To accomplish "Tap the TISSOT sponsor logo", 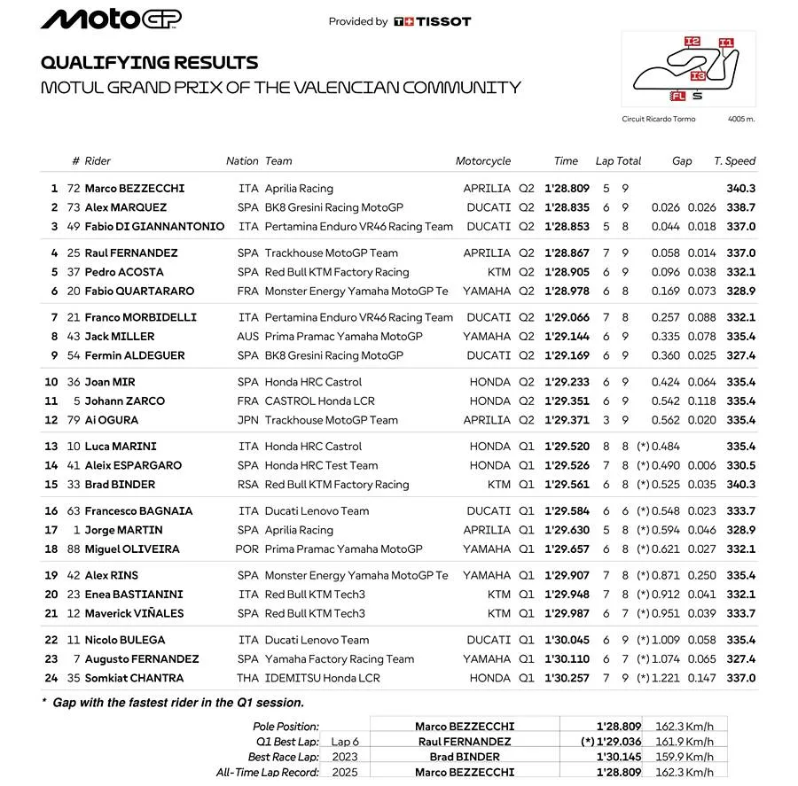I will pyautogui.click(x=433, y=21).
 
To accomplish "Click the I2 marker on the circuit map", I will pyautogui.click(x=692, y=42).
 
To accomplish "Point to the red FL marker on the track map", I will pyautogui.click(x=678, y=95).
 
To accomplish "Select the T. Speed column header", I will pyautogui.click(x=734, y=161).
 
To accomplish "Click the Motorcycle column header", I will pyautogui.click(x=483, y=161).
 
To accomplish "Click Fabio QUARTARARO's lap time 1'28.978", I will pyautogui.click(x=567, y=291).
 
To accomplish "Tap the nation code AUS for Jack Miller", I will pyautogui.click(x=248, y=337).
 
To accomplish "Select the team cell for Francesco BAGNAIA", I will pyautogui.click(x=317, y=511).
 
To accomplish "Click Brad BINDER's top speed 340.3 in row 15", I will pyautogui.click(x=740, y=485).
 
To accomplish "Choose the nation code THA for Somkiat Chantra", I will pyautogui.click(x=248, y=679).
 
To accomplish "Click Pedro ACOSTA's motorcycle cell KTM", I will pyautogui.click(x=498, y=272).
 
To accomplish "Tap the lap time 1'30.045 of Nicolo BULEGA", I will pyautogui.click(x=567, y=641).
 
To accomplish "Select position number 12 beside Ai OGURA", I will pyautogui.click(x=51, y=420).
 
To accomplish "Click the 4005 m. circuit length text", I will pyautogui.click(x=740, y=119).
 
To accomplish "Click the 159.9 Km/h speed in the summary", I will pyautogui.click(x=684, y=757).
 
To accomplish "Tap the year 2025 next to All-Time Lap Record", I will pyautogui.click(x=344, y=773).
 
